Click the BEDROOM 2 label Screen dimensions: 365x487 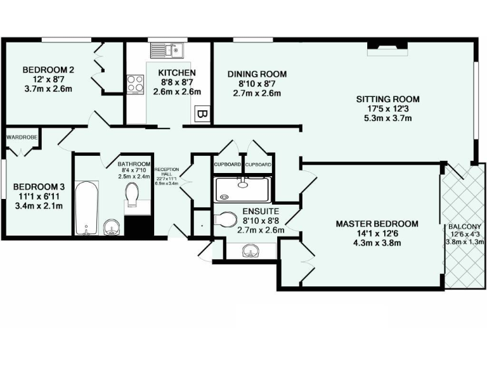44,70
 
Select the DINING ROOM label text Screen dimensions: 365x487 257,74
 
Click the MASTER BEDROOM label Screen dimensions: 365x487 377,224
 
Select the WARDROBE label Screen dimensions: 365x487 20,136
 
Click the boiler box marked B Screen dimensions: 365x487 200,115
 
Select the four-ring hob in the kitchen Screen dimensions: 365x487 135,84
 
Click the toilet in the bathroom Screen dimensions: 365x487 132,195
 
